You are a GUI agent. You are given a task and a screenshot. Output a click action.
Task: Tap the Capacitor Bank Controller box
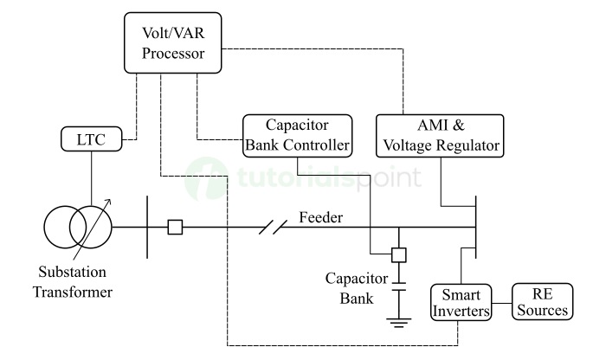297,135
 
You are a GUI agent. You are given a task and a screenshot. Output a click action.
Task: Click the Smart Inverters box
461,302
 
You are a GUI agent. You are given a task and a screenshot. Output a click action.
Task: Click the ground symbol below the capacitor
399,325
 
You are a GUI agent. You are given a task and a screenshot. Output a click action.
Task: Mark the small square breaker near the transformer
176,228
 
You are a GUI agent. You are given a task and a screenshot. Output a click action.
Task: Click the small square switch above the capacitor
399,255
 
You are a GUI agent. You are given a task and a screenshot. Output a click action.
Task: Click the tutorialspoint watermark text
329,178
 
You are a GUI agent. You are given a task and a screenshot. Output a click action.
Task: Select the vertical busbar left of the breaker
148,228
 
